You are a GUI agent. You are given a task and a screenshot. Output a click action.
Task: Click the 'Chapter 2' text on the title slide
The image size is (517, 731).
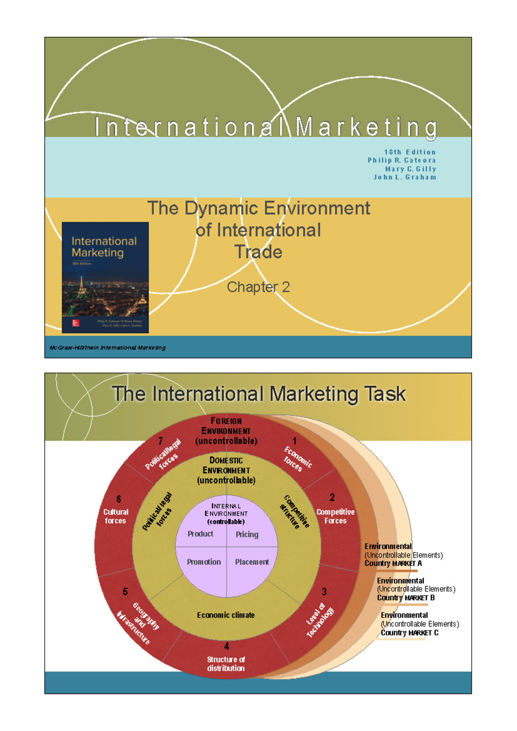tap(258, 287)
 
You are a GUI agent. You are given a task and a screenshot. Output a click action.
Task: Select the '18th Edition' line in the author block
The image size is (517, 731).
tap(410, 152)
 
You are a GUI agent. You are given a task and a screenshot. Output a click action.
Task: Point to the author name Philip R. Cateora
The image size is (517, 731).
tap(402, 160)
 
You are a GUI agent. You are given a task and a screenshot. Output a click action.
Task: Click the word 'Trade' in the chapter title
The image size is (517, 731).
tap(258, 252)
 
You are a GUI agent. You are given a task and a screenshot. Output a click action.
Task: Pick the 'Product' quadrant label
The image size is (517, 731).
tap(200, 534)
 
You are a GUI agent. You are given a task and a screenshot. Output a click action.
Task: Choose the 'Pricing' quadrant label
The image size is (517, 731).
tap(247, 534)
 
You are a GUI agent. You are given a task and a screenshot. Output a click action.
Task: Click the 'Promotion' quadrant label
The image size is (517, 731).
tap(204, 562)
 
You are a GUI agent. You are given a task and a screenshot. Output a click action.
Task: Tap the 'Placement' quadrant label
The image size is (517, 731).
tap(252, 562)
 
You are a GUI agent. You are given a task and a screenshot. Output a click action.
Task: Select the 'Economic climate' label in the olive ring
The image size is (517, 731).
tap(226, 615)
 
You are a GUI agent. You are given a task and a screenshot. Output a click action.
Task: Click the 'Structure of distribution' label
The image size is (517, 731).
tap(226, 664)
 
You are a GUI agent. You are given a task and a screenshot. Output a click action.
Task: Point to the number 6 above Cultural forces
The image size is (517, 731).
tap(119, 499)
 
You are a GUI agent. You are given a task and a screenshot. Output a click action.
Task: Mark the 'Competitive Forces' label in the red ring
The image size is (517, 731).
tap(335, 516)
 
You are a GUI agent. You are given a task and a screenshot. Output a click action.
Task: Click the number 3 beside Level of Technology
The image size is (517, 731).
tap(324, 592)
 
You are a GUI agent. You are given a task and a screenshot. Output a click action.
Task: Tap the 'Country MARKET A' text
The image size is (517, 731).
tap(393, 563)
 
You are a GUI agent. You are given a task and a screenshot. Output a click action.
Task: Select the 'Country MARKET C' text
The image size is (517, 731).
tap(409, 633)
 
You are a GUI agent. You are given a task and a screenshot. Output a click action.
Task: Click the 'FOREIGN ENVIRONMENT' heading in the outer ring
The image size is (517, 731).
tap(226, 426)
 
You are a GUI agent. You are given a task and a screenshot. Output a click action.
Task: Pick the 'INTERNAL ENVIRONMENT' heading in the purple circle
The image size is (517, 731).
tap(226, 510)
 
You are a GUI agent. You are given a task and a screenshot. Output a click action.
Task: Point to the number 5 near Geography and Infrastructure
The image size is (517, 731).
tap(125, 592)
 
